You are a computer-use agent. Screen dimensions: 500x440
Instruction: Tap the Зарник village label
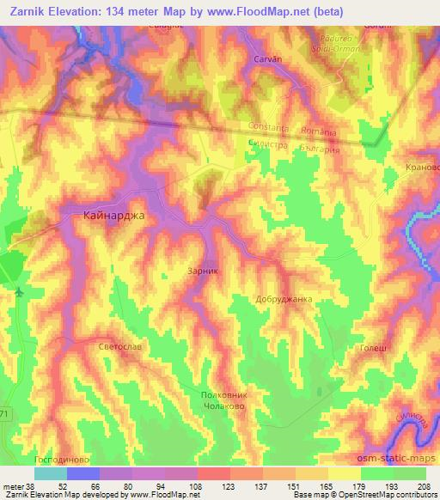coord(204,270)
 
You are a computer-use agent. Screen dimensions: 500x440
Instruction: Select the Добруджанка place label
coord(283,300)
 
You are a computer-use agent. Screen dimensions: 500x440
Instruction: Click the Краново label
coord(422,168)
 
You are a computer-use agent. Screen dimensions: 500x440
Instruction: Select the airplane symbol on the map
coord(18,292)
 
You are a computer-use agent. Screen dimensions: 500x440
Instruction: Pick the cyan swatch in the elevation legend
coord(51,473)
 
